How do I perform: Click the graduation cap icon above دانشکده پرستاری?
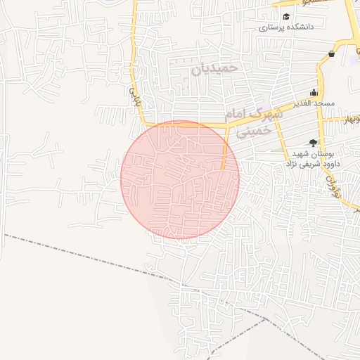pyautogui.click(x=285, y=17)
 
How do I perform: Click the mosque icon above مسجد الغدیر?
pyautogui.click(x=314, y=93)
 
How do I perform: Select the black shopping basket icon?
pyautogui.click(x=331, y=54)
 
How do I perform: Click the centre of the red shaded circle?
pyautogui.click(x=180, y=179)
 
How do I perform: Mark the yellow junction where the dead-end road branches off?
pyautogui.click(x=226, y=127)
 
